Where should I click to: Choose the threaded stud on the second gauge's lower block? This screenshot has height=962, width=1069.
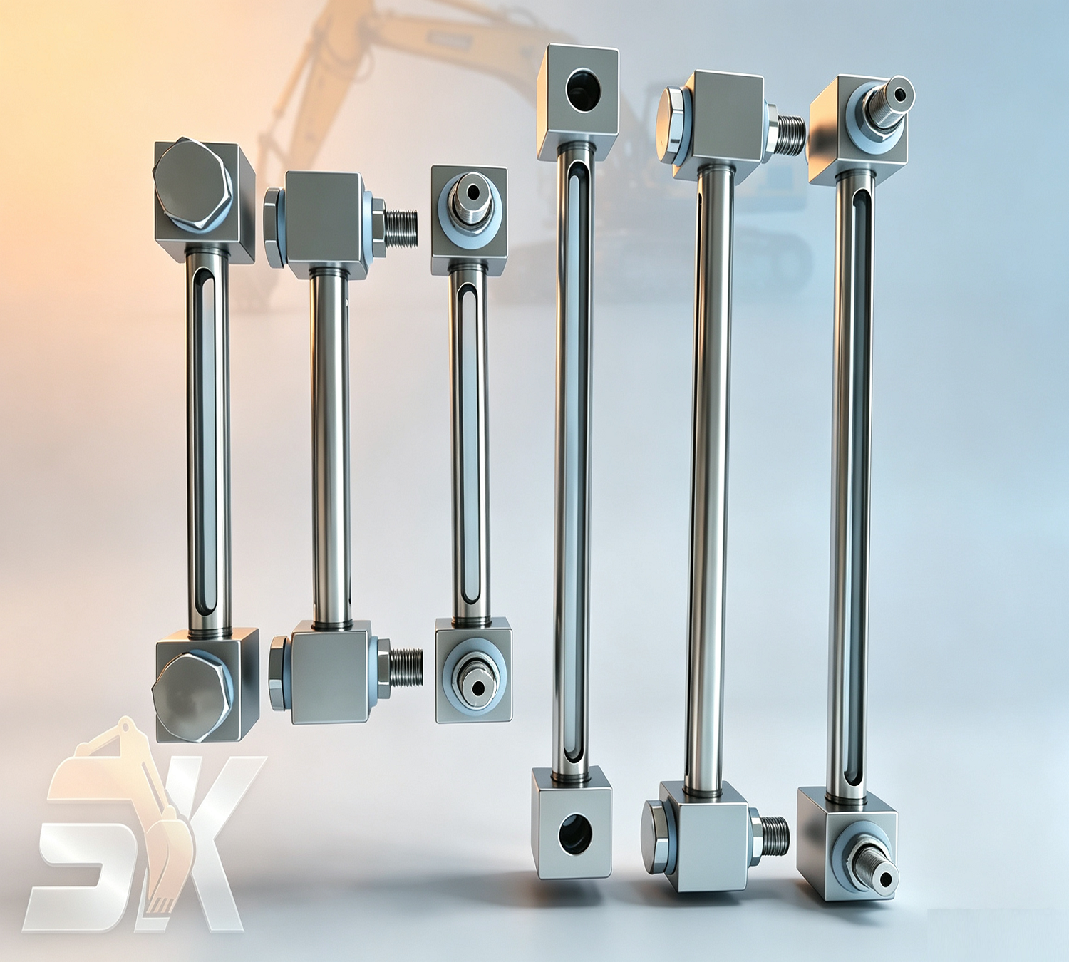(406, 668)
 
